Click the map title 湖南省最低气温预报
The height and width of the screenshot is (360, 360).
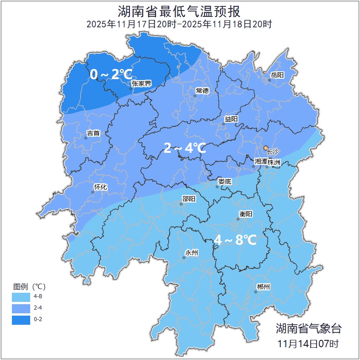click(179, 11)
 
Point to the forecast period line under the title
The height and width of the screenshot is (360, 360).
click(179, 24)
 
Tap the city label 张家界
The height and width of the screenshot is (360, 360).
click(141, 83)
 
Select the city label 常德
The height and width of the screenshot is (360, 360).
click(202, 91)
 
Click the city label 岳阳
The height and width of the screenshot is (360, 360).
click(277, 75)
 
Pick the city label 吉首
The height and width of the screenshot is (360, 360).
click(93, 133)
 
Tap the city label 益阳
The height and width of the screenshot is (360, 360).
click(231, 119)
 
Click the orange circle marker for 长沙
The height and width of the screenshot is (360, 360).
click(265, 148)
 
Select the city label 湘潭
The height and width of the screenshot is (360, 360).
click(260, 162)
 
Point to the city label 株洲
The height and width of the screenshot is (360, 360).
click(274, 162)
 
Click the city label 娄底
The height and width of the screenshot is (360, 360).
click(225, 181)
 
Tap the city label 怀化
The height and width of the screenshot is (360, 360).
click(100, 187)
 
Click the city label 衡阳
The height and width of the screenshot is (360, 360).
click(246, 214)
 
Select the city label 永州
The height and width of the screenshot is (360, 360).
click(192, 253)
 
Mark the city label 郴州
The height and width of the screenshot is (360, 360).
click(263, 287)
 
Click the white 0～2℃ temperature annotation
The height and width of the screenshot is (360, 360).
click(111, 74)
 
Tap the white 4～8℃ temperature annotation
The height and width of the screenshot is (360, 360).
click(235, 239)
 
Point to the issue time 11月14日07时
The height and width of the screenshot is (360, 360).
click(308, 343)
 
